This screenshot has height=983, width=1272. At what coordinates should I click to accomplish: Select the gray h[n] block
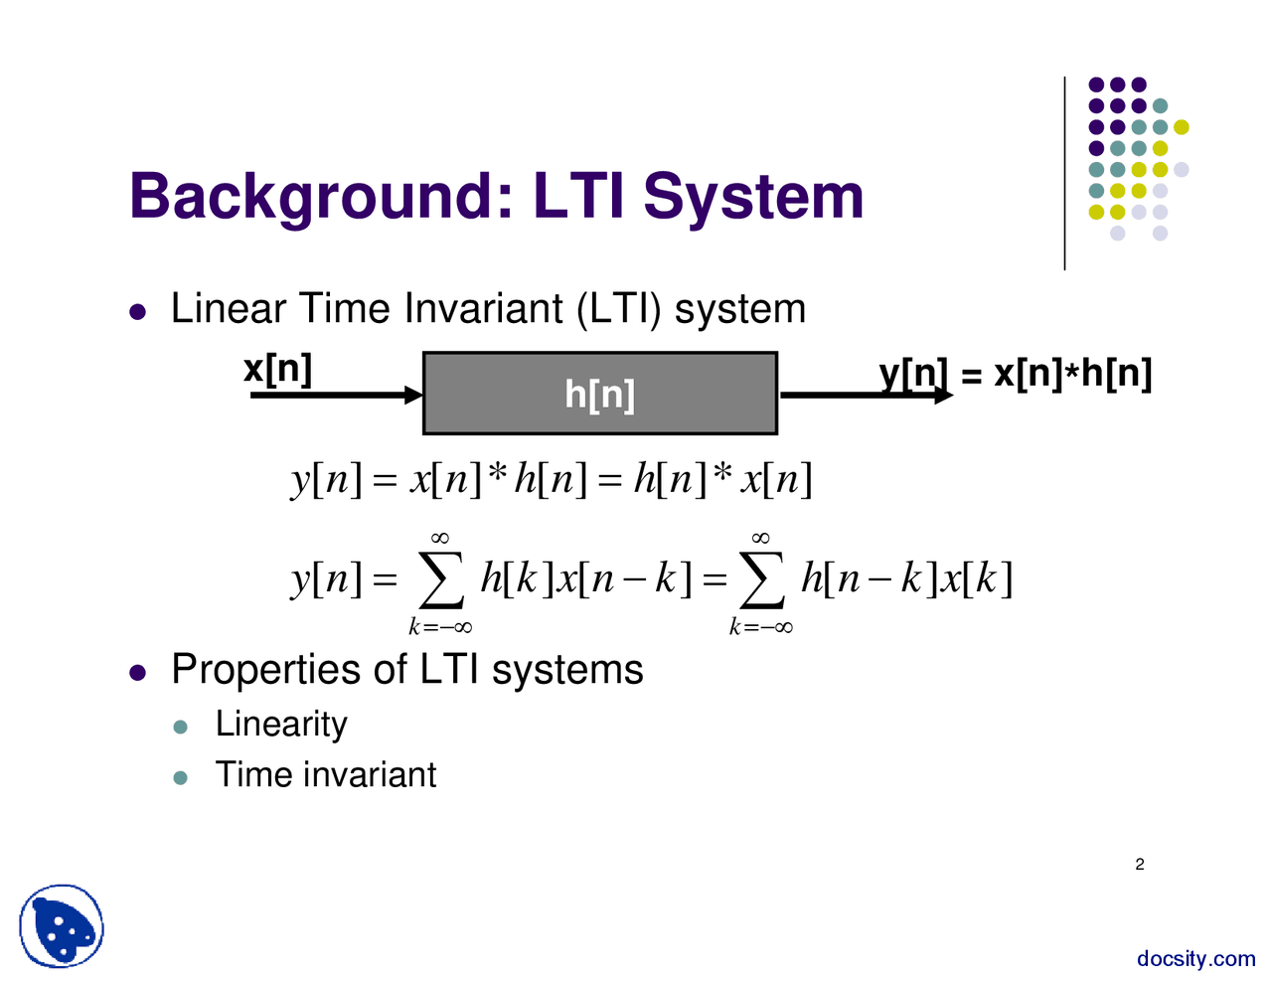(599, 394)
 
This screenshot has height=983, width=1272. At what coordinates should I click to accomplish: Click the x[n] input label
(277, 369)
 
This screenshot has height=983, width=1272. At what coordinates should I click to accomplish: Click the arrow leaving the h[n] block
(865, 396)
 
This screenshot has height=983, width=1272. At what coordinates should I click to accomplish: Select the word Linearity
(281, 724)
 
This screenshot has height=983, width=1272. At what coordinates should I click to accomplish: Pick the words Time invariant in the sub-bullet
(326, 775)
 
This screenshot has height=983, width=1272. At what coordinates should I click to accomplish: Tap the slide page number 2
(1140, 865)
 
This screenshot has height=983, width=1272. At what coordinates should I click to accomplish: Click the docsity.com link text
(1195, 959)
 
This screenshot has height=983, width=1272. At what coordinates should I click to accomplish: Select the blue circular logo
(62, 927)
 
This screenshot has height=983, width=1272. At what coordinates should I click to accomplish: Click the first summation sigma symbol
(441, 582)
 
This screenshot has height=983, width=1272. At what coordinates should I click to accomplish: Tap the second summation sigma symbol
(761, 582)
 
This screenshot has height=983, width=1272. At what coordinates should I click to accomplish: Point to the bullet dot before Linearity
(180, 727)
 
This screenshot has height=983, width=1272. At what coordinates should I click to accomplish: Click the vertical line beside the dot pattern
(1064, 174)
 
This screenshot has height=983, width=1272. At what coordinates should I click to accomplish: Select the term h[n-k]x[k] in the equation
(906, 578)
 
